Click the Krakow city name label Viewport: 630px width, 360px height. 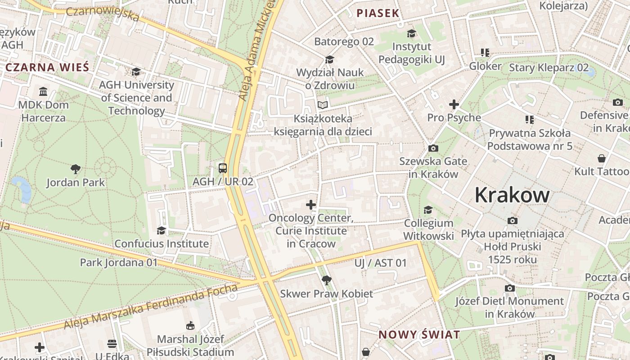[x=512, y=195]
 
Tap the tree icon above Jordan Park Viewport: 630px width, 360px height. [x=76, y=169]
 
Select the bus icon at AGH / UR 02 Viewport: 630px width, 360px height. [x=223, y=168]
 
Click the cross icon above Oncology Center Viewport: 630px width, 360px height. [x=311, y=205]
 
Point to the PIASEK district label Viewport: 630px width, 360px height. [x=378, y=13]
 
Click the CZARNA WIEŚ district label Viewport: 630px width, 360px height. [x=47, y=67]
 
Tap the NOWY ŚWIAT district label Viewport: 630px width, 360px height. [x=419, y=335]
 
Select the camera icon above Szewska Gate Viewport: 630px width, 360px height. [x=433, y=148]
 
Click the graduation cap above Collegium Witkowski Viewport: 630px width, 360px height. [x=428, y=210]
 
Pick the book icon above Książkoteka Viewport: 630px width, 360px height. [x=323, y=105]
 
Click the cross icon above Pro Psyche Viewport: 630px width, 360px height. [x=454, y=104]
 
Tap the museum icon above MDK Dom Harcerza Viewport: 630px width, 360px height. [x=43, y=92]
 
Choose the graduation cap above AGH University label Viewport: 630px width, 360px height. [x=136, y=72]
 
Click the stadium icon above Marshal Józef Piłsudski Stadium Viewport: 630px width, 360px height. [x=190, y=326]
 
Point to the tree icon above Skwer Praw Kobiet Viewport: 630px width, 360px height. [x=327, y=280]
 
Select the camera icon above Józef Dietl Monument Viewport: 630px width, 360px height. [x=509, y=288]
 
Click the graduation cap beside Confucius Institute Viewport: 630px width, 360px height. [x=161, y=231]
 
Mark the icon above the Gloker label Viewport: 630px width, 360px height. [x=485, y=53]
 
